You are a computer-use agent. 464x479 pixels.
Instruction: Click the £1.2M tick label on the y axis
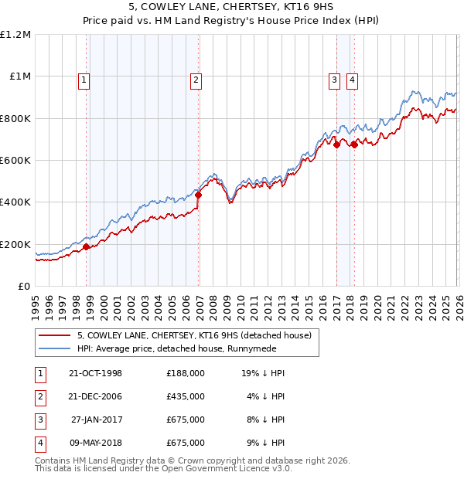tap(15, 35)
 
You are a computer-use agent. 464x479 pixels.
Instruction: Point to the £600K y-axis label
tap(15, 161)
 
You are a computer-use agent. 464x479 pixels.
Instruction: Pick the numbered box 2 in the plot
tap(196, 79)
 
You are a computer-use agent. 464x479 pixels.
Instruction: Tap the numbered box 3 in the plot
tap(334, 79)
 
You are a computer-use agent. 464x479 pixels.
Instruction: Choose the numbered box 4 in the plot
tap(352, 79)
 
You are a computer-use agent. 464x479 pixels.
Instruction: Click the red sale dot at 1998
tap(87, 247)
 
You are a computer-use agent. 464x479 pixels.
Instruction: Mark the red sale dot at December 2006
tap(198, 195)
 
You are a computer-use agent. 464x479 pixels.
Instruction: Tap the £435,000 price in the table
tap(186, 396)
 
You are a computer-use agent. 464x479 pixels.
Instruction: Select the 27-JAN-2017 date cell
tap(96, 420)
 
